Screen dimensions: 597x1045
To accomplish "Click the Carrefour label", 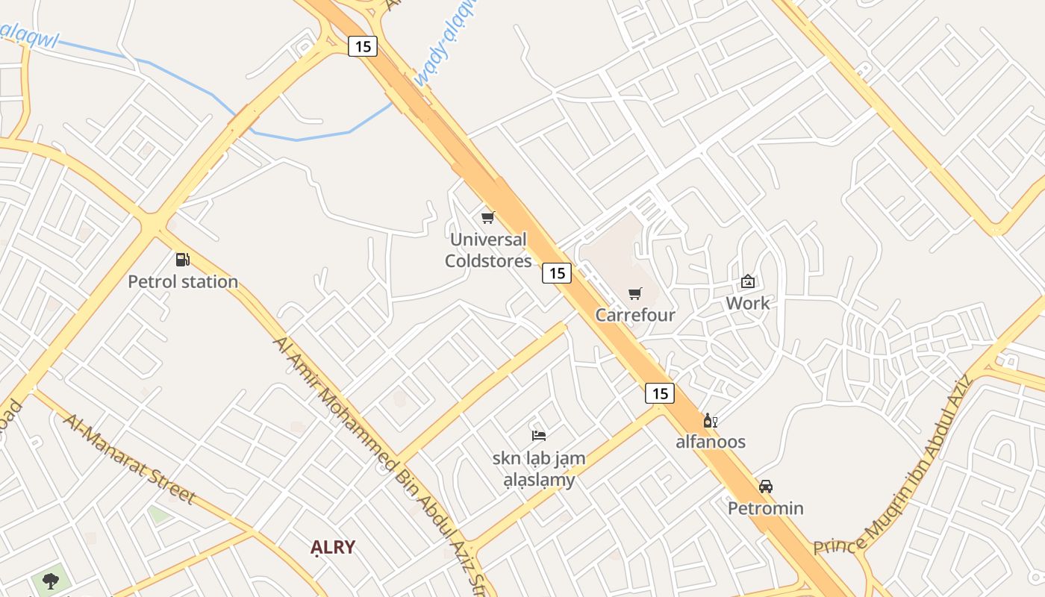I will pyautogui.click(x=634, y=315).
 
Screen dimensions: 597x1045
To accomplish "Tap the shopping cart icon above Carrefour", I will pyautogui.click(x=634, y=293).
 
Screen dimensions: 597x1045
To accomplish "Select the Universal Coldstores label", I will pyautogui.click(x=488, y=250).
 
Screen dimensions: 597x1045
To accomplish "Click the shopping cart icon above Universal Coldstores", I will pyautogui.click(x=488, y=217).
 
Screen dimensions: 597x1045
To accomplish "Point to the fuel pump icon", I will pyautogui.click(x=182, y=260).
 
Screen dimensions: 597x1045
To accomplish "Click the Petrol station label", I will pyautogui.click(x=183, y=282).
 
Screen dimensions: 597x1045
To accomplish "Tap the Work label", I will pyautogui.click(x=747, y=304).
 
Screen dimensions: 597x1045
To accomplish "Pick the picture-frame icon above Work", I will pyautogui.click(x=747, y=281).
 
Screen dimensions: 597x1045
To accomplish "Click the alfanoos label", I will pyautogui.click(x=711, y=442).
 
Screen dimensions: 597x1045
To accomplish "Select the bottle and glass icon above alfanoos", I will pyautogui.click(x=710, y=421).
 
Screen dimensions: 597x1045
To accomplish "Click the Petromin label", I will pyautogui.click(x=766, y=508).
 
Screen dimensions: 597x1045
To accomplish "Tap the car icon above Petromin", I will pyautogui.click(x=766, y=487).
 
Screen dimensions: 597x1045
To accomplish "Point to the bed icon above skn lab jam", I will pyautogui.click(x=539, y=435).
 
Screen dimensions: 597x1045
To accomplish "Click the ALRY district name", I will pyautogui.click(x=333, y=547).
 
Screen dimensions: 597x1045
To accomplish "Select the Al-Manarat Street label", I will pyautogui.click(x=128, y=458).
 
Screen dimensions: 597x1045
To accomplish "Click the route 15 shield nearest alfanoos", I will pyautogui.click(x=660, y=393).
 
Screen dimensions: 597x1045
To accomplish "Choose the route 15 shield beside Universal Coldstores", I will pyautogui.click(x=557, y=273).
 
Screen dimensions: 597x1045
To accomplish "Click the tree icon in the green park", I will pyautogui.click(x=51, y=581).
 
